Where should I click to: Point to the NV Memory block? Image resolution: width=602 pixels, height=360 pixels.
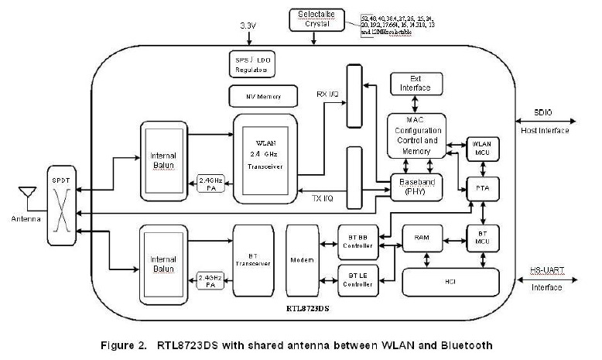tap(264, 97)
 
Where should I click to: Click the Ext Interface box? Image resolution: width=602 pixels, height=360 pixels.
tap(416, 84)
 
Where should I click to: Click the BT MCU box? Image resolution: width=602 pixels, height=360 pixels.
tap(481, 235)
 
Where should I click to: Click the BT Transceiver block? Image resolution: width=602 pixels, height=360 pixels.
tap(255, 262)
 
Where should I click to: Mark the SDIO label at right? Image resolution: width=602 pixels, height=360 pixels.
tap(545, 111)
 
